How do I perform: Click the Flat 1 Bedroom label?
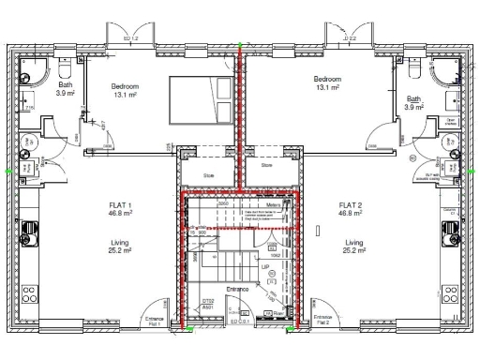point(126,86)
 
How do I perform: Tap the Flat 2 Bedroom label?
point(327,79)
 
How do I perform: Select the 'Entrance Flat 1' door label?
point(154,321)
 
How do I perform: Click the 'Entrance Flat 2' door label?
point(323,321)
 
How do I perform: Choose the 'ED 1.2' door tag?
point(131,38)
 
